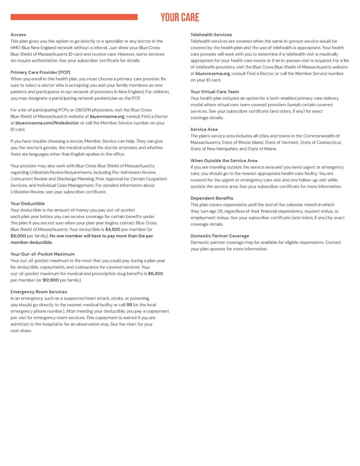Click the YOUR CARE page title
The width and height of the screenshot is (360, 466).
coord(179,17)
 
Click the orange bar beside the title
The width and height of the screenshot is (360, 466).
coord(74,17)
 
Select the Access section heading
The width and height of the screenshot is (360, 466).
coord(18,35)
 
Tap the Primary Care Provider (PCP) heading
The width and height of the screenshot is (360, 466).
coord(40,72)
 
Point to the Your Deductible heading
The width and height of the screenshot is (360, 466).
coord(28,204)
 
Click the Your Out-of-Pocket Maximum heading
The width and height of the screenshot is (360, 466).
coord(43,254)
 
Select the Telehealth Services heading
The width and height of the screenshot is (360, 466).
coord(211,35)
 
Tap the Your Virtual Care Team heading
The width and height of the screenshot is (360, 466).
coord(214,91)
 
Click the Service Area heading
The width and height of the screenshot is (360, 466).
coord(204,129)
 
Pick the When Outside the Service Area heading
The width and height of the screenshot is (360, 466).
coord(224,160)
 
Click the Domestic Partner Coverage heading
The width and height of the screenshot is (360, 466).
coord(220,236)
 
